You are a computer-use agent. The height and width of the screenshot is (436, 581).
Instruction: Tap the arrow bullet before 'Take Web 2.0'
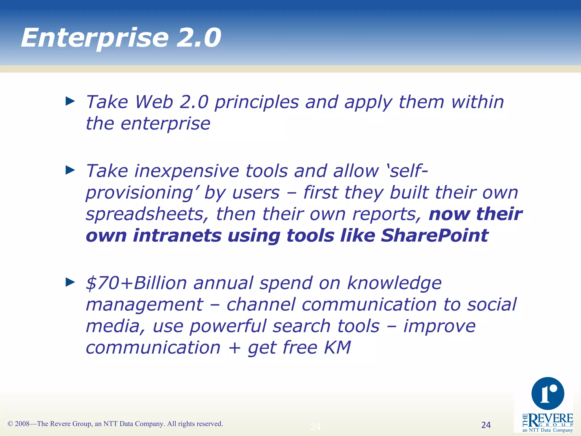click(70, 101)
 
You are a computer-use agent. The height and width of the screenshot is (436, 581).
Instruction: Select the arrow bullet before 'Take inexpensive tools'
click(70, 170)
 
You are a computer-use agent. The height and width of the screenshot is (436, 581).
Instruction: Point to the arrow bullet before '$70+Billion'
click(70, 282)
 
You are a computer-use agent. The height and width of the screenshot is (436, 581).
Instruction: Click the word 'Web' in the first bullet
click(154, 102)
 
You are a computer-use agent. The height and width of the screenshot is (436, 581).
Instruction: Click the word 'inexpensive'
click(186, 171)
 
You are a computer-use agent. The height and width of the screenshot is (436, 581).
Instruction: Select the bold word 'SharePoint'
click(434, 236)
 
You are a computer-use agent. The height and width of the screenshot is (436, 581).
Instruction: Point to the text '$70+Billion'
click(136, 283)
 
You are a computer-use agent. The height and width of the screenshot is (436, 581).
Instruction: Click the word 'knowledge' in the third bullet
click(394, 283)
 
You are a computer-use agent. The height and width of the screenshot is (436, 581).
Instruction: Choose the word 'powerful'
click(228, 326)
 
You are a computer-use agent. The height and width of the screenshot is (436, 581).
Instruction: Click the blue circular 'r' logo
click(548, 393)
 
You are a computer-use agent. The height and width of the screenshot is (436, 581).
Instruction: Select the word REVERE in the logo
click(550, 418)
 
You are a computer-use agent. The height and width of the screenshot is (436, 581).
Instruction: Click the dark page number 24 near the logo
click(486, 425)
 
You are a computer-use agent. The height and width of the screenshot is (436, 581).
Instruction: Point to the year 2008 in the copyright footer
click(22, 424)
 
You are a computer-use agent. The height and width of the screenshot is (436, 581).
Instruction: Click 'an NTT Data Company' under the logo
click(548, 430)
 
